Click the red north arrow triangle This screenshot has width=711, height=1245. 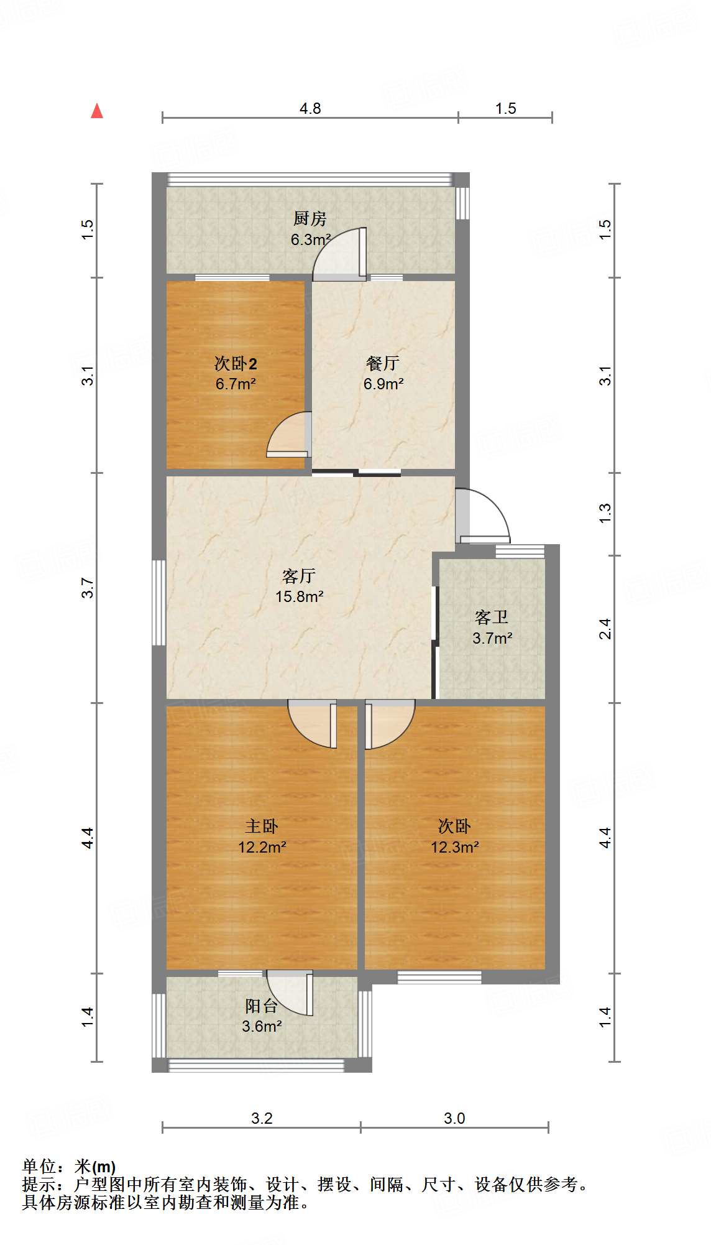pos(97,111)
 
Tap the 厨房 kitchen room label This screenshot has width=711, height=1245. pos(310,218)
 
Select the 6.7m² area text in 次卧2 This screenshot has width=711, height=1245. pos(236,384)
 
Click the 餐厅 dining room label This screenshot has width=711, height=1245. pos(382,363)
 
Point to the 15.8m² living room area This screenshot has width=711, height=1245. pos(299,597)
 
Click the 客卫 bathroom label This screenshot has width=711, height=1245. pos(491,617)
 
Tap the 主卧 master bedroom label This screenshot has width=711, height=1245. pos(261,826)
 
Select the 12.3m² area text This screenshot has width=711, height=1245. pos(454,847)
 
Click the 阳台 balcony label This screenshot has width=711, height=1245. pos(260,1006)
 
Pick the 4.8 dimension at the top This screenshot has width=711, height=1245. pos(310,109)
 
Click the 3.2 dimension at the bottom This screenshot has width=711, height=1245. pos(262,1119)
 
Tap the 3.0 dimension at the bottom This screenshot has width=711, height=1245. pos(454,1119)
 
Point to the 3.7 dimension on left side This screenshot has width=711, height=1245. pos(88,588)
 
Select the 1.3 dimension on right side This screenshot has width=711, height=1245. pos(605,512)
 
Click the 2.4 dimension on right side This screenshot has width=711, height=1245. pos(605,629)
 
